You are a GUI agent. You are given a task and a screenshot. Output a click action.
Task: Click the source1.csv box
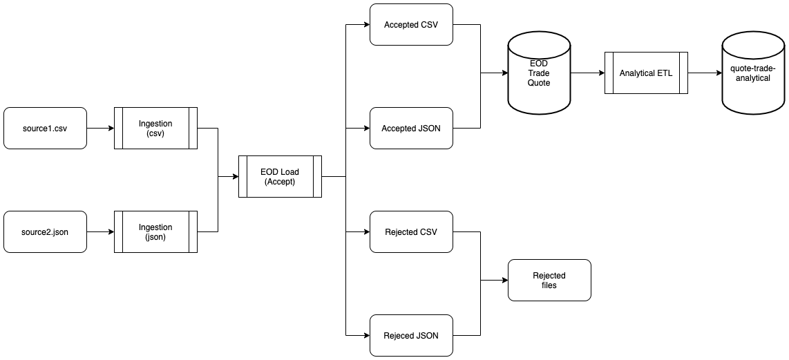tap(45, 128)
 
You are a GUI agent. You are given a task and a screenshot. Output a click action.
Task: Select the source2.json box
tap(45, 231)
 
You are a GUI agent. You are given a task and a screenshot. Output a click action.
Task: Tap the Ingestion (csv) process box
tap(155, 128)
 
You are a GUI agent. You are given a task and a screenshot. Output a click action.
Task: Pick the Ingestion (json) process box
tap(155, 231)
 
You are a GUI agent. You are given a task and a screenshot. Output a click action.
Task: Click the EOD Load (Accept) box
tap(280, 177)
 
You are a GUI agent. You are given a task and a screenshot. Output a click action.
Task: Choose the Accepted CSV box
tap(411, 25)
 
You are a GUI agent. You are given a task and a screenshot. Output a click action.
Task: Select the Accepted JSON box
tap(411, 128)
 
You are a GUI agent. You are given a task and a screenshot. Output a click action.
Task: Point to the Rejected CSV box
tap(411, 231)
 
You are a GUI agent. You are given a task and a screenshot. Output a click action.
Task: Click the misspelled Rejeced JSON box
tap(411, 335)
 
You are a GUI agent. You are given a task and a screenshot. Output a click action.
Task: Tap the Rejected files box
tap(549, 280)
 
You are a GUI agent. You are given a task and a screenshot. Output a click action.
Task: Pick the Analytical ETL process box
tap(646, 73)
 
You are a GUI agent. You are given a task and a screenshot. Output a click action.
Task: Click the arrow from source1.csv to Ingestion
tap(100, 128)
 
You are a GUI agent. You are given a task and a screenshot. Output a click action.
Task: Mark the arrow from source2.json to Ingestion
tap(100, 231)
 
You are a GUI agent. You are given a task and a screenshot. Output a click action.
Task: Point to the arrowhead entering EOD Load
tap(234, 177)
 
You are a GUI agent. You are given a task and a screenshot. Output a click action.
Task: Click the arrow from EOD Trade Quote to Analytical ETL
tap(587, 73)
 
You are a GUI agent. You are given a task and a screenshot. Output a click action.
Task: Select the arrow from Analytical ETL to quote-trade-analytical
tap(705, 73)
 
